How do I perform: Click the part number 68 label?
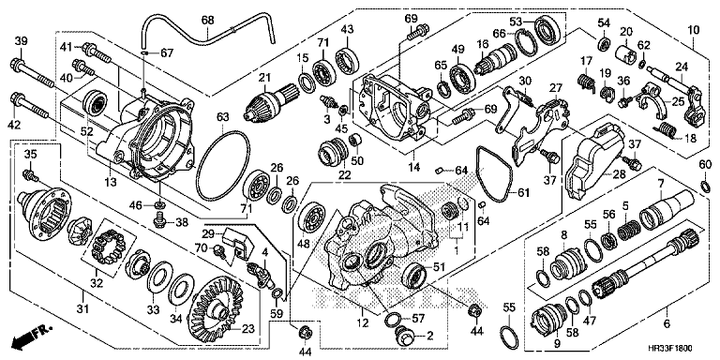click(207, 21)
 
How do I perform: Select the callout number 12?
click(363, 323)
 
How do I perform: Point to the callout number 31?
click(82, 310)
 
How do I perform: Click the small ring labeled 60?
click(706, 185)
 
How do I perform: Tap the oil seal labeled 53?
click(546, 29)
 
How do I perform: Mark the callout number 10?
click(693, 31)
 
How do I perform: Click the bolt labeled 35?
click(30, 176)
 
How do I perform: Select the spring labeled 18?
click(668, 130)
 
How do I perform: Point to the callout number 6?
click(667, 323)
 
